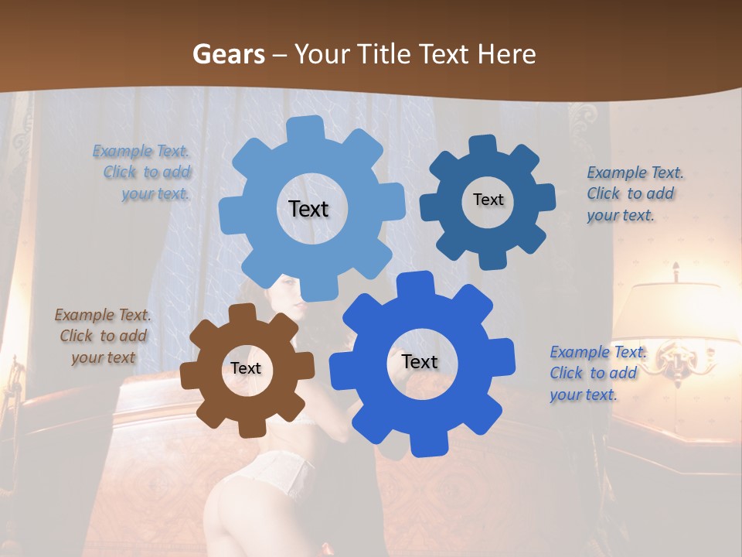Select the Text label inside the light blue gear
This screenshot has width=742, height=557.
[x=308, y=209]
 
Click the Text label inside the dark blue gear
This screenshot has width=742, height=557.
[x=488, y=200]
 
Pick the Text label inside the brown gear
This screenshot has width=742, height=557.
[x=246, y=368]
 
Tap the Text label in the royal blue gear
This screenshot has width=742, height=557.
[x=420, y=361]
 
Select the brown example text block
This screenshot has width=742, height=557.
[x=103, y=336]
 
